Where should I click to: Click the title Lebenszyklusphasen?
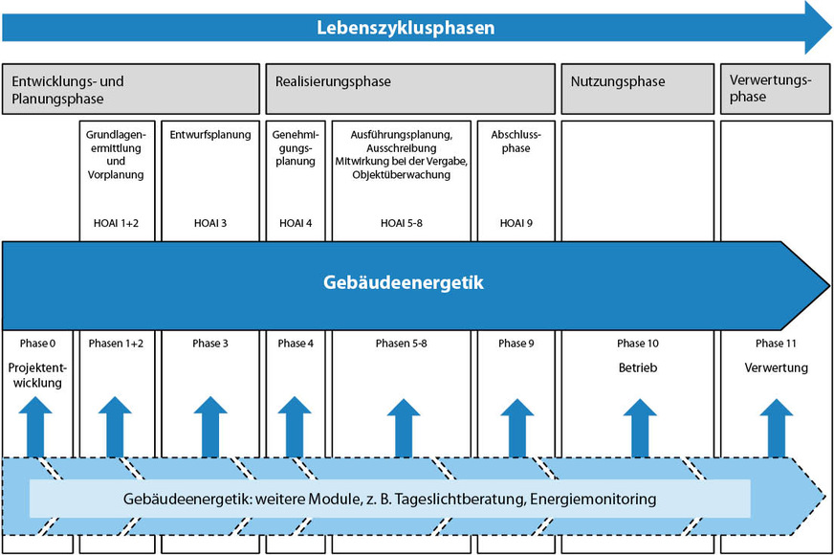[406, 28]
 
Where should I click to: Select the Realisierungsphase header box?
[409, 89]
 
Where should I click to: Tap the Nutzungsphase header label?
[618, 82]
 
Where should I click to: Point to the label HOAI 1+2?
[115, 223]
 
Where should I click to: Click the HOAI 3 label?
[209, 223]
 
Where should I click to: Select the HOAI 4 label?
[295, 223]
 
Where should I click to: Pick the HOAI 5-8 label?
[401, 223]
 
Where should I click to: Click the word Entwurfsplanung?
[209, 135]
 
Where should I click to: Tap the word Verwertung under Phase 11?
[776, 367]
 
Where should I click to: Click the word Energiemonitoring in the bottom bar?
[595, 499]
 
